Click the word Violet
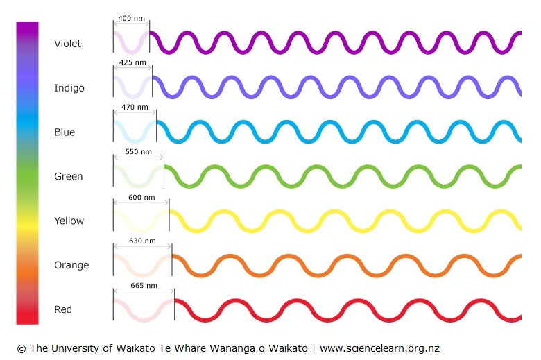pos(67,44)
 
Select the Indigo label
pos(69,88)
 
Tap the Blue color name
pos(64,132)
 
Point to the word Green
pos(68,177)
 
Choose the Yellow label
pos(69,221)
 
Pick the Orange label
pos(71,266)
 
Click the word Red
pos(63,309)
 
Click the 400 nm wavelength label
pos(131,17)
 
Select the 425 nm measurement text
pos(132,62)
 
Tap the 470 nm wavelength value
pos(135,108)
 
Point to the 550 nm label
pos(138,151)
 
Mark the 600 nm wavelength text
pos(141,197)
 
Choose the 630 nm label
pos(142,241)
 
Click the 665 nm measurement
pos(144,285)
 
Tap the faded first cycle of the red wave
pos(144,310)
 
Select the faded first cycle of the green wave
pos(139,176)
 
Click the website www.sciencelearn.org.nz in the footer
pos(379,348)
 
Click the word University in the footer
pos(77,348)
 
